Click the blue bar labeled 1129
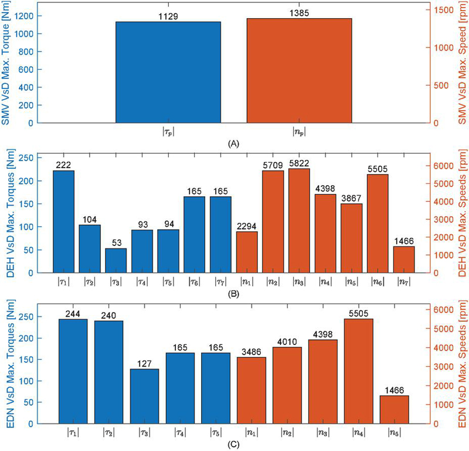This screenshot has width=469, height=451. [x=168, y=72]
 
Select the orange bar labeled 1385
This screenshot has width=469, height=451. [x=299, y=70]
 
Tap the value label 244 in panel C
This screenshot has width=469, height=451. [x=77, y=313]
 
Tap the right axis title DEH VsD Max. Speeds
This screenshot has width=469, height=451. [x=461, y=213]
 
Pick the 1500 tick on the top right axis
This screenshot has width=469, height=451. [x=445, y=11]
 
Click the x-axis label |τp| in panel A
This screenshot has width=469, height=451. [x=168, y=132]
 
